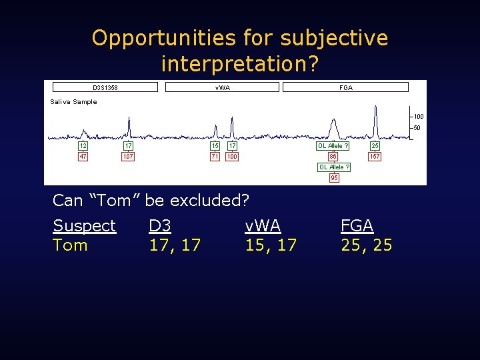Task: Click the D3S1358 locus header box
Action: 105,87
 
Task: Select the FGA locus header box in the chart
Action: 345,87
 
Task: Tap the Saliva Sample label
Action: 73,102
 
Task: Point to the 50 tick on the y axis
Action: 417,128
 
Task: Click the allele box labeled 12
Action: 83,145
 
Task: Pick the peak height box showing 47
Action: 83,157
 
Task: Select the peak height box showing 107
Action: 128,157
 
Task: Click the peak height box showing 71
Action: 215,157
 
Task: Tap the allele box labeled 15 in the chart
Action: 215,145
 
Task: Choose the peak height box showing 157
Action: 375,157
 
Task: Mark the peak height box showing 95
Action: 334,178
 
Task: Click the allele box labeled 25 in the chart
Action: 375,145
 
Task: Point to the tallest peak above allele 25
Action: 375,113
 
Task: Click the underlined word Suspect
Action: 84,226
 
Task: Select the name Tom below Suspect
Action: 70,245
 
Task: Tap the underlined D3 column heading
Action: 160,226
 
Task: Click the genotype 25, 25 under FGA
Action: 366,245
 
